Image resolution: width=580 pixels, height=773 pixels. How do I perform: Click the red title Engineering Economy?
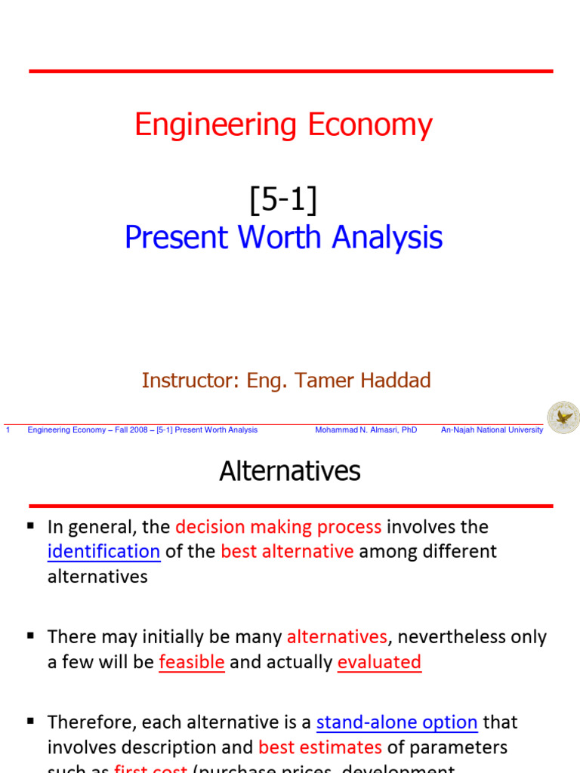[x=283, y=125]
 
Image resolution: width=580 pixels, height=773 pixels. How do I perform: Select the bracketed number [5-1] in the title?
[x=283, y=200]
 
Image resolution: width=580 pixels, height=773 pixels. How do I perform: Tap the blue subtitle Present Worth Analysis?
[x=283, y=238]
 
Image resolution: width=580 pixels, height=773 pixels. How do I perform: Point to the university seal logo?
[x=563, y=417]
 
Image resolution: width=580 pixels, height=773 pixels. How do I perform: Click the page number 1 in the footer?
[x=7, y=430]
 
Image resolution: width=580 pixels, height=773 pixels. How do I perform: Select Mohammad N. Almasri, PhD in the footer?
[x=366, y=430]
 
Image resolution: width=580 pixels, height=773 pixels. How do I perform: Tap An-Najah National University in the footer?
[x=492, y=430]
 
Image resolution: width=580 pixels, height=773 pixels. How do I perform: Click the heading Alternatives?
[x=290, y=472]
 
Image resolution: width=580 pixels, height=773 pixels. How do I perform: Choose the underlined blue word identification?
[x=103, y=552]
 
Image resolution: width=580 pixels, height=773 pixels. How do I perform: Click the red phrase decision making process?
[x=278, y=527]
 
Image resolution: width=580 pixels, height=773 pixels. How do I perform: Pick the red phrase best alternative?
[x=287, y=552]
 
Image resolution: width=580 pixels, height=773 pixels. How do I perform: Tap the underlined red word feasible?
[x=192, y=663]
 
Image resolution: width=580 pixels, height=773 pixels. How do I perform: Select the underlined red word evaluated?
[x=379, y=663]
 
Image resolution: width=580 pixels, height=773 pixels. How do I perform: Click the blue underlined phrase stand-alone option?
[x=396, y=722]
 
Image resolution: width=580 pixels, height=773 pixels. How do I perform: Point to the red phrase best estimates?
[x=320, y=747]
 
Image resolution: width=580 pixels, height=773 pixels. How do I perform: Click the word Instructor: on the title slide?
[x=190, y=380]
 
